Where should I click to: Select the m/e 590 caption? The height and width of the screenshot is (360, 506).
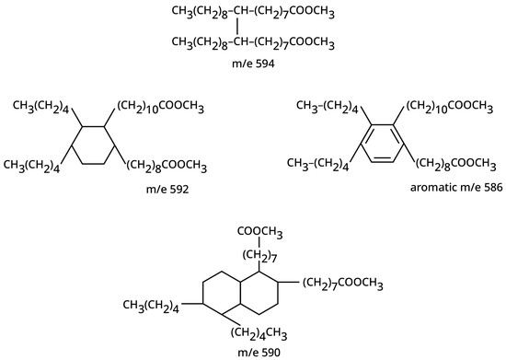[251, 352]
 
